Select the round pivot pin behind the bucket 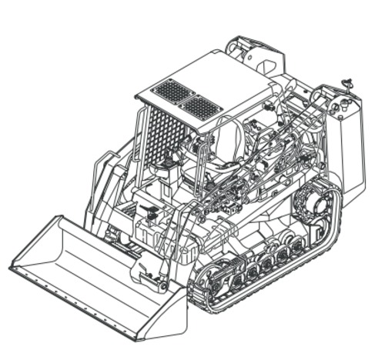click(162, 286)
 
